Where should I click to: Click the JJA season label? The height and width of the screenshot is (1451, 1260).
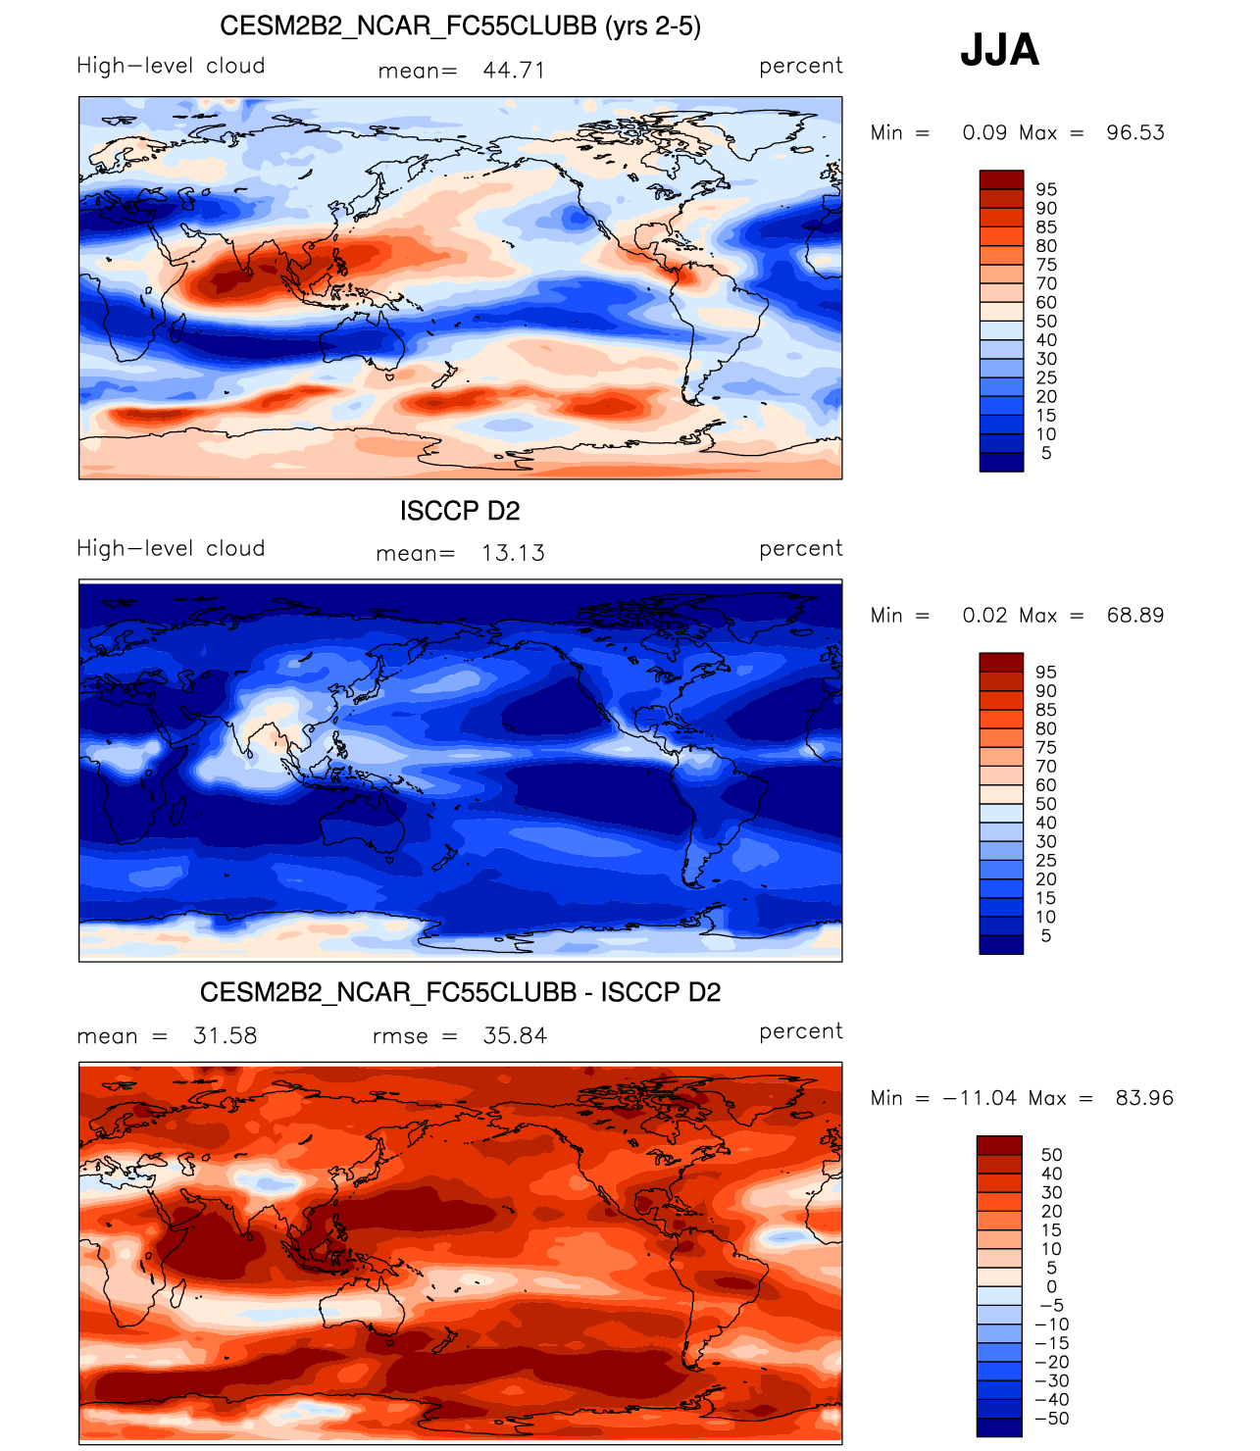pos(999,50)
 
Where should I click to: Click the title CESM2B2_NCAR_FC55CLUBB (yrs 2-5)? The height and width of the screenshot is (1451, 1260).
pos(460,26)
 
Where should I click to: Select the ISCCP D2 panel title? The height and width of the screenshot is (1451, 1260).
pos(460,511)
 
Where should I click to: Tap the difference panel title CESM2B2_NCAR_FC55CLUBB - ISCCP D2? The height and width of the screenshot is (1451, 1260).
pos(460,993)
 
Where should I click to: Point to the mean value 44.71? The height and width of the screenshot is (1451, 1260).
pos(514,71)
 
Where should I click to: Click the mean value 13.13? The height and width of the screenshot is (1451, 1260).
pos(513,553)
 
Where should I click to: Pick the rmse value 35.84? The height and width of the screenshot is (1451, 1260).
pos(515,1036)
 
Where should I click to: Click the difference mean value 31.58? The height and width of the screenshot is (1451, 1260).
pos(226,1036)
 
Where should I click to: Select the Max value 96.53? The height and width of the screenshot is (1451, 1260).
pos(1135,133)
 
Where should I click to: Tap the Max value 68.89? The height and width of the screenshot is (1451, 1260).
pos(1135,616)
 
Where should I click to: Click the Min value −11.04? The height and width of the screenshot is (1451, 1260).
pos(980,1098)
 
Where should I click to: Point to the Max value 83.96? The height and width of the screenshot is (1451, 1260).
pos(1144,1098)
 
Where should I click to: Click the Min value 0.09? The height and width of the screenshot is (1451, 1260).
pos(983,133)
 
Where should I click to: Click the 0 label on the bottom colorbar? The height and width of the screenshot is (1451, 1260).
pos(1052,1287)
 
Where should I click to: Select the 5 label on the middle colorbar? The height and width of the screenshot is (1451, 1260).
pos(1046,936)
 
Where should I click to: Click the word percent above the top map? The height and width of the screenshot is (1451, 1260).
pos(800,66)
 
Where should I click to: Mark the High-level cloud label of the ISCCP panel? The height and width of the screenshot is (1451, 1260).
pos(171,549)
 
